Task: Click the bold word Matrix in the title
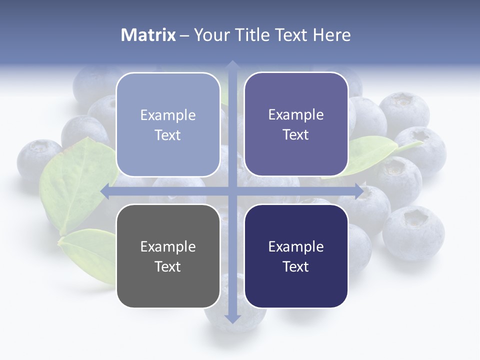pyautogui.click(x=148, y=35)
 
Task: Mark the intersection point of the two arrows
pyautogui.click(x=232, y=191)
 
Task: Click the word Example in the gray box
pyautogui.click(x=168, y=246)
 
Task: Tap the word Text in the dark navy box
pyautogui.click(x=296, y=266)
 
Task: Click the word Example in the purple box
pyautogui.click(x=296, y=114)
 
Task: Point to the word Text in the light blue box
pyautogui.click(x=168, y=135)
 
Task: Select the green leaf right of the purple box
pyautogui.click(x=370, y=152)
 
